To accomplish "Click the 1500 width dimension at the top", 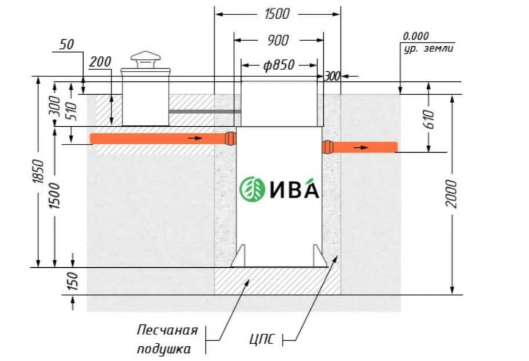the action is pos(277,14).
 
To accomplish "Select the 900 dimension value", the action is pos(278,40).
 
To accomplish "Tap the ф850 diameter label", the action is pos(279,65).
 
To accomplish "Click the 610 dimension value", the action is pos(429,119).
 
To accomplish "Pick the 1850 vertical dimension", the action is pos(38,172).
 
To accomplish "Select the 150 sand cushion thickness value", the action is pos(72,282).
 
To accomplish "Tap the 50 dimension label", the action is pos(67,44).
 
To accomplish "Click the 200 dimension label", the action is pos(100,62).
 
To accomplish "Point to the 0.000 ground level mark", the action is pos(416,36).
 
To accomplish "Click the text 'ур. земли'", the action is pos(428,49).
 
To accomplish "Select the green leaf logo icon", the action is pos(252,189).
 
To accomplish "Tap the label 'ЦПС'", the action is pos(262,339).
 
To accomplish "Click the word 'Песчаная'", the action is pos(167,330).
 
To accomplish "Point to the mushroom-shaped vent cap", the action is pos(146,60).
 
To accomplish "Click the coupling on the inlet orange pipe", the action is pos(230,138).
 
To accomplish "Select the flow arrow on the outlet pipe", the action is pos(360,147).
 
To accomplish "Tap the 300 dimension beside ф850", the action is pos(332,77).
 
